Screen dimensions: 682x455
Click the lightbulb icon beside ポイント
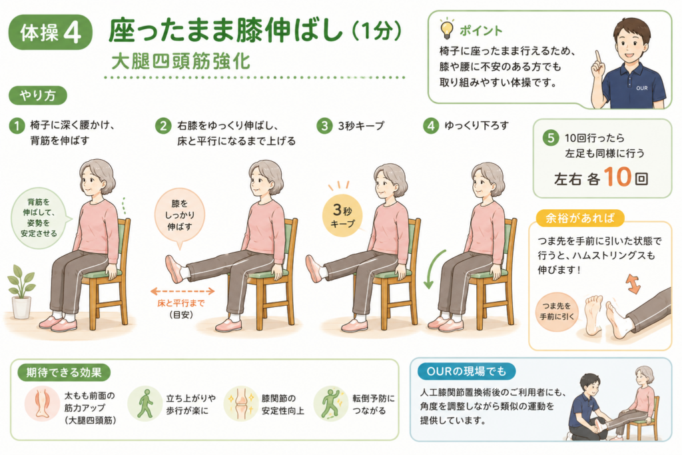tap(446, 29)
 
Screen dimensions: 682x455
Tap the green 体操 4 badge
tap(51, 32)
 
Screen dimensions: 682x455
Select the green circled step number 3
tap(324, 126)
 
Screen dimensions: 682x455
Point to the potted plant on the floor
tap(21, 292)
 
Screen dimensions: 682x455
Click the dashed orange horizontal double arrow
tap(182, 291)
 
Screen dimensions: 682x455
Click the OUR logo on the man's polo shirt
tap(642, 88)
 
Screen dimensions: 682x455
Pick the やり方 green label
tap(38, 96)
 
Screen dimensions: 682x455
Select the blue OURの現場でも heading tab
tap(467, 372)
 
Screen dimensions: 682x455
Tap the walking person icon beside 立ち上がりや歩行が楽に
tap(145, 404)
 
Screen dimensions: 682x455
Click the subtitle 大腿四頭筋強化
tap(181, 61)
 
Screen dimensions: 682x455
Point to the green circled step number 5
tap(551, 139)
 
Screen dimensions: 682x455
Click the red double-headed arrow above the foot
tap(633, 284)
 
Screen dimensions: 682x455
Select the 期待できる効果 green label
tap(64, 372)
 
